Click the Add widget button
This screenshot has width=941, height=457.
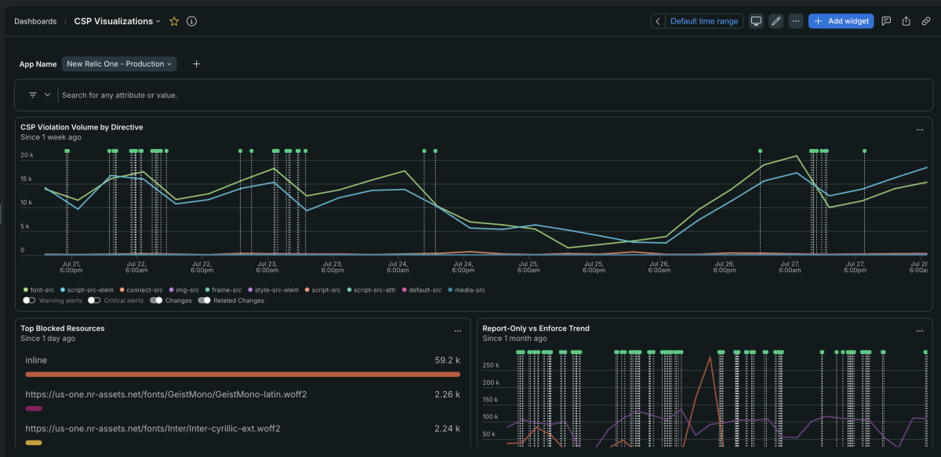pyautogui.click(x=841, y=21)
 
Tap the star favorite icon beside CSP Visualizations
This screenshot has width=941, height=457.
pyautogui.click(x=174, y=21)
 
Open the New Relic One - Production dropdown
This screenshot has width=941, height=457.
pyautogui.click(x=119, y=63)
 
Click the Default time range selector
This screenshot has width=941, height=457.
pyautogui.click(x=703, y=21)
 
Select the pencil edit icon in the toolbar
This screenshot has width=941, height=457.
pyautogui.click(x=776, y=21)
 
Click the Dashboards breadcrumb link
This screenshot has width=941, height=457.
pyautogui.click(x=35, y=21)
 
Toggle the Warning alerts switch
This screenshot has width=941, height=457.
pyautogui.click(x=29, y=300)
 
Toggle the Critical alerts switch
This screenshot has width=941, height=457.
pyautogui.click(x=94, y=300)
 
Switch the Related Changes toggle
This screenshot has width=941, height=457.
pyautogui.click(x=204, y=300)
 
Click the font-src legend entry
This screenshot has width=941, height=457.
pyautogui.click(x=39, y=290)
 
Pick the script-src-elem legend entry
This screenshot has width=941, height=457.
pyautogui.click(x=87, y=290)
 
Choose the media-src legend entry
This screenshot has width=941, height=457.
pyautogui.click(x=467, y=290)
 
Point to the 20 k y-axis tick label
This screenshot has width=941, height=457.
pyautogui.click(x=27, y=155)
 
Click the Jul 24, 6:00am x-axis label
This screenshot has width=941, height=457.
pyautogui.click(x=398, y=267)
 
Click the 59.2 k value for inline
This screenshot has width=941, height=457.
pyautogui.click(x=448, y=361)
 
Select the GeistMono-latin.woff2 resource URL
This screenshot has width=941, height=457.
pyautogui.click(x=166, y=394)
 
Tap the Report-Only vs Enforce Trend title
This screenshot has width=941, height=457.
pyautogui.click(x=536, y=328)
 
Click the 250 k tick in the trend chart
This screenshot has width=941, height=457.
pyautogui.click(x=491, y=365)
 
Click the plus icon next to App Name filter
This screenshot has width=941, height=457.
pyautogui.click(x=196, y=63)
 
